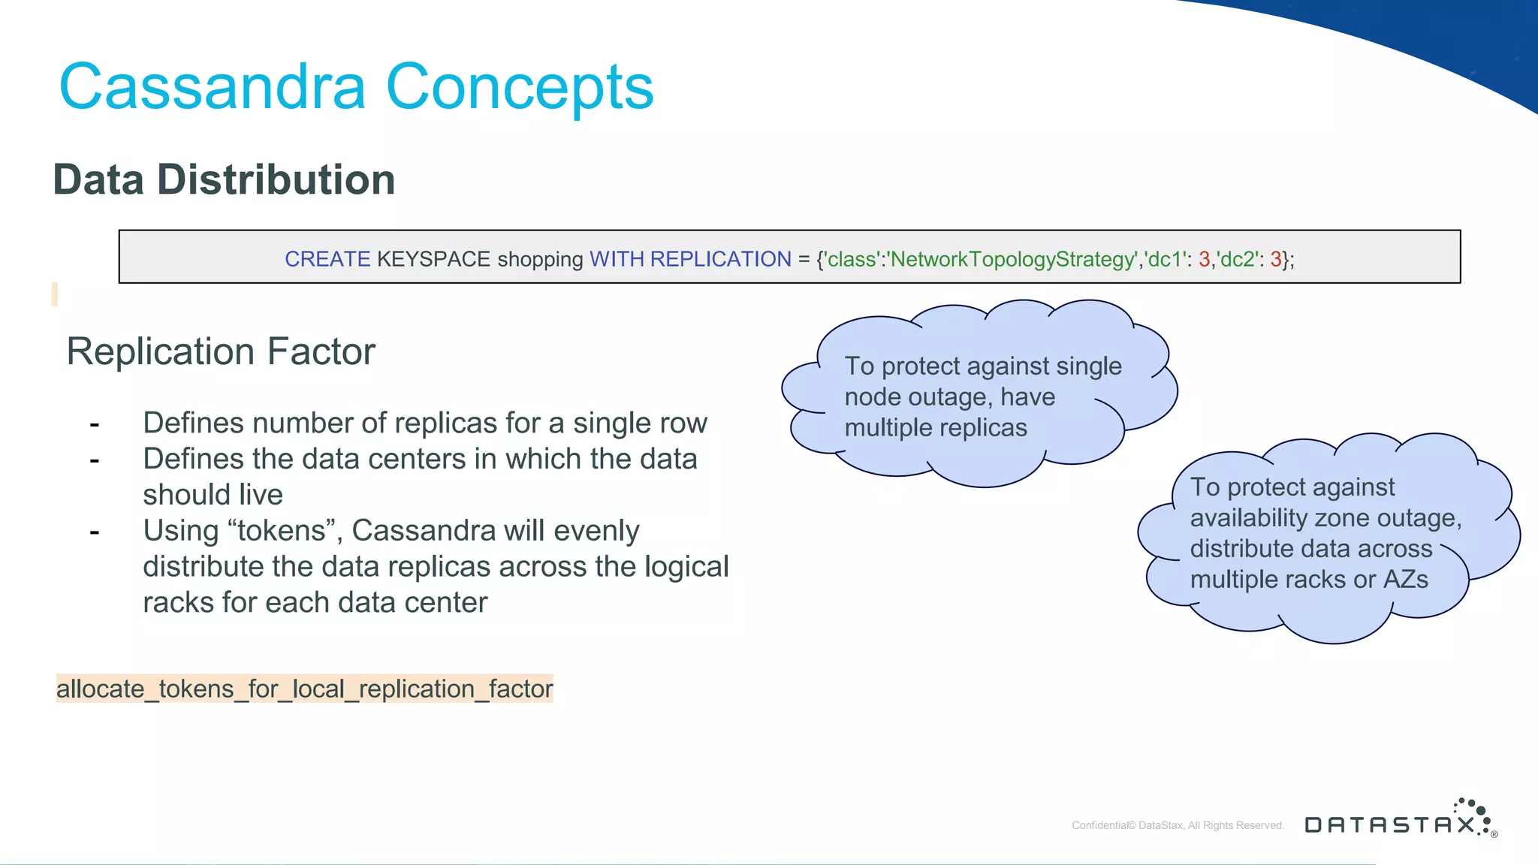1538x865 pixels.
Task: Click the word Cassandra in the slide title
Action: (x=213, y=88)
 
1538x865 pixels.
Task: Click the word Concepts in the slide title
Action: (x=520, y=88)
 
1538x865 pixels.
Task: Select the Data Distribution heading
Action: (x=224, y=180)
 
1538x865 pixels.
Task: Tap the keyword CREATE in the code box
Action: (x=327, y=259)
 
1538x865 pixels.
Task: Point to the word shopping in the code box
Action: (x=540, y=259)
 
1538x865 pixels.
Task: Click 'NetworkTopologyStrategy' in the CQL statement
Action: (x=1013, y=259)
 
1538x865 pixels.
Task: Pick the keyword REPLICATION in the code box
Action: (x=720, y=259)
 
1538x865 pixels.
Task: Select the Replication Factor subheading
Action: (x=221, y=351)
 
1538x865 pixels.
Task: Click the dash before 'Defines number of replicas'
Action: (x=95, y=424)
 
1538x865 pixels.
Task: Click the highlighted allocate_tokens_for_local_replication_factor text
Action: (x=304, y=689)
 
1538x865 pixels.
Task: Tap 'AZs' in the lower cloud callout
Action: (x=1405, y=580)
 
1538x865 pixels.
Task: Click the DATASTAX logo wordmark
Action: (x=1389, y=825)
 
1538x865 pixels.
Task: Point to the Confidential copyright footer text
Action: (x=1178, y=825)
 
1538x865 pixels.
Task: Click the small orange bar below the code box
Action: (x=55, y=294)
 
